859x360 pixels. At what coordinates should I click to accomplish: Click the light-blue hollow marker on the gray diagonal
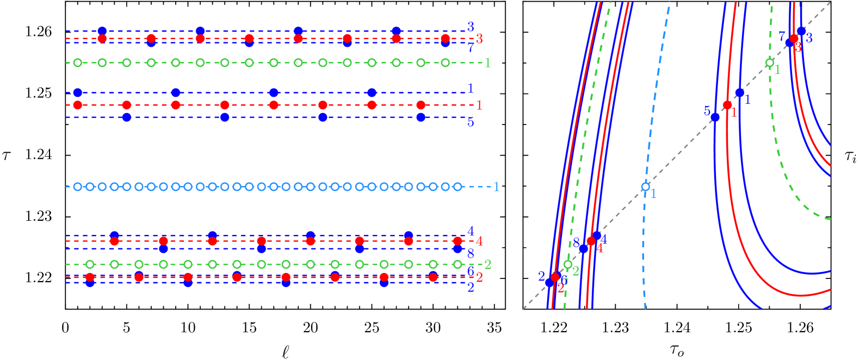645,187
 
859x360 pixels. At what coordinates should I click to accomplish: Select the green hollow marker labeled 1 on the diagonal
769,63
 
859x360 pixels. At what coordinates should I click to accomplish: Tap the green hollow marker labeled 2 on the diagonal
567,264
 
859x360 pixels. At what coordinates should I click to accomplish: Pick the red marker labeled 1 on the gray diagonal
727,105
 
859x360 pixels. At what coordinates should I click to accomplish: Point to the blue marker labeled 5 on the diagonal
715,117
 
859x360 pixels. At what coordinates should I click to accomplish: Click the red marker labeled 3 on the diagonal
794,39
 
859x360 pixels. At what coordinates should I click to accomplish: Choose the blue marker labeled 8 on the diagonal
583,249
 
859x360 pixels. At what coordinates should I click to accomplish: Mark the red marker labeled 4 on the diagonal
591,241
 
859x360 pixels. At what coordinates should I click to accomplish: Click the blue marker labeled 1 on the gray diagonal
739,92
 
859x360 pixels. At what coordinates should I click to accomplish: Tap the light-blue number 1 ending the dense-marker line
496,187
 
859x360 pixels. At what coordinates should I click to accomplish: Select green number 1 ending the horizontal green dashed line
487,63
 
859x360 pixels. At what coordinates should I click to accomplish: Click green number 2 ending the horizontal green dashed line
487,265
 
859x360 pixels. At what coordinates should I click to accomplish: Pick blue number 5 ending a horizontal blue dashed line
471,122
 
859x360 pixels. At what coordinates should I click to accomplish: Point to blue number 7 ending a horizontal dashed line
471,48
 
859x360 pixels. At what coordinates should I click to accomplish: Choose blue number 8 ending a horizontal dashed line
471,253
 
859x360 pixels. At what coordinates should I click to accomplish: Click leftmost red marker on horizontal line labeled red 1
78,105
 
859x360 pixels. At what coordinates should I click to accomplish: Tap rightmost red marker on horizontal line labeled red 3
445,39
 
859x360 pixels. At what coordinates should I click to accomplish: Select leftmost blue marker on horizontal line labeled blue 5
127,117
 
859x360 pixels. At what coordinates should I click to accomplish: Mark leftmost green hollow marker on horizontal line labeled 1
78,63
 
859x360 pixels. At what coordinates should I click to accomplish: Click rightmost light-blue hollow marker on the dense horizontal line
458,187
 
